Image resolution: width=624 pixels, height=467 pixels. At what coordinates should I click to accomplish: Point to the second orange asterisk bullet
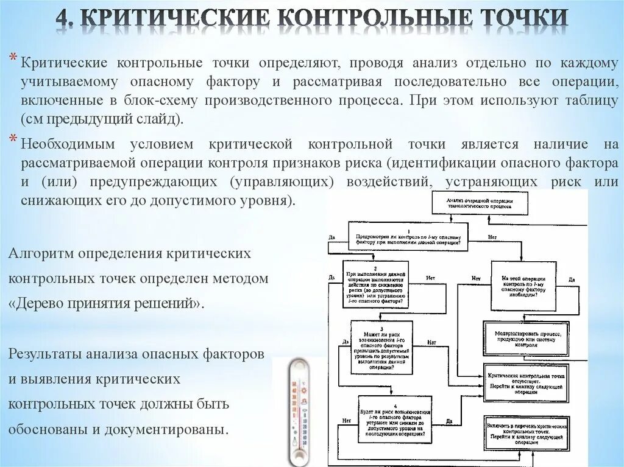(13, 140)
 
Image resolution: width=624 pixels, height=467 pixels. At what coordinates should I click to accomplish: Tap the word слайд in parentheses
(157, 119)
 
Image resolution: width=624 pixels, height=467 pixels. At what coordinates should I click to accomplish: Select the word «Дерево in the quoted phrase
(37, 303)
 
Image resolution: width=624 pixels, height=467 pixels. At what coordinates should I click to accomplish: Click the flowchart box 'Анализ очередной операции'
(480, 203)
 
